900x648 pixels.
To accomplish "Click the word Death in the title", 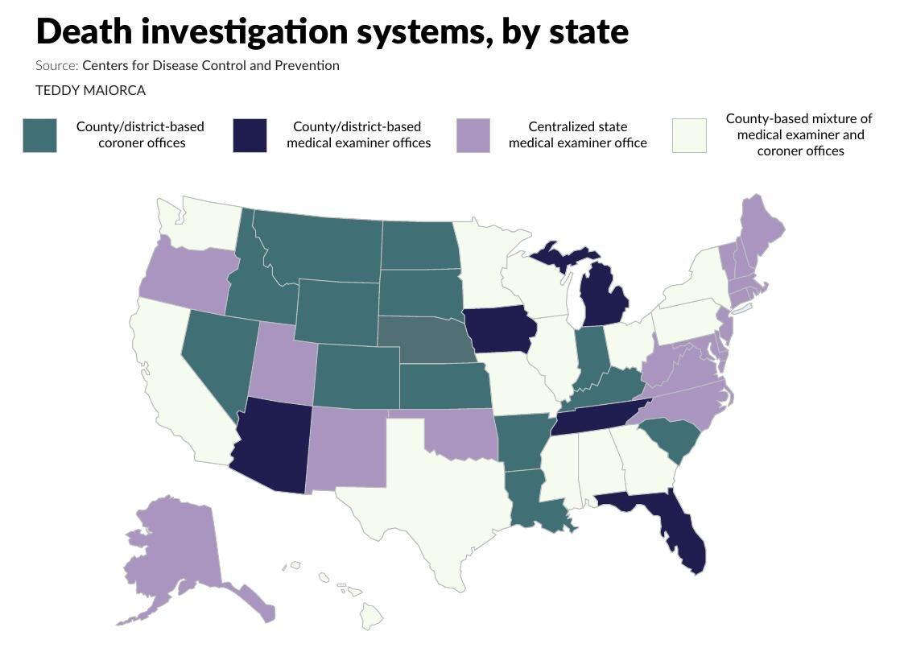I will pyautogui.click(x=84, y=31).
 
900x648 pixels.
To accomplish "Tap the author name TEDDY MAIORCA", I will pyautogui.click(x=90, y=90).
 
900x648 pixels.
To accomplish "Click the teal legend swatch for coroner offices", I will pyautogui.click(x=39, y=135).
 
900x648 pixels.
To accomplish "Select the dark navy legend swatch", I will pyautogui.click(x=250, y=135).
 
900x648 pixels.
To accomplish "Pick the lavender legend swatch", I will pyautogui.click(x=473, y=135).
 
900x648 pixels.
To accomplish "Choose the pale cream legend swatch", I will pyautogui.click(x=689, y=135).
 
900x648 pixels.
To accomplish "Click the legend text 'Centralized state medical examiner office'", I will pyautogui.click(x=577, y=135).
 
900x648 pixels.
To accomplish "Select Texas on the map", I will pyautogui.click(x=435, y=499).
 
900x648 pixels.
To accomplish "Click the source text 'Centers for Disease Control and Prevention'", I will pyautogui.click(x=210, y=66).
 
